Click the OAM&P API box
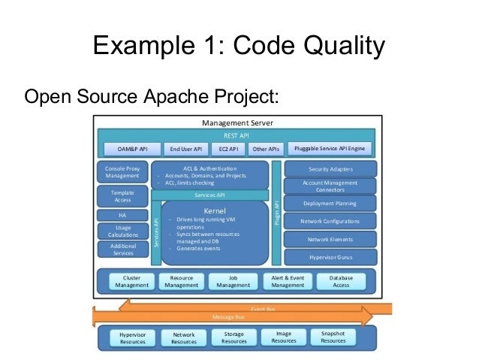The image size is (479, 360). click(131, 149)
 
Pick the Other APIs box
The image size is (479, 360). click(266, 149)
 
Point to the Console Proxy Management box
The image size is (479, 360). click(122, 174)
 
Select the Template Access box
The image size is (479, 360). click(122, 196)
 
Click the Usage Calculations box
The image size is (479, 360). click(122, 231)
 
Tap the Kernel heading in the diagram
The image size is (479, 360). click(215, 210)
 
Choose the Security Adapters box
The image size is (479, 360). click(330, 169)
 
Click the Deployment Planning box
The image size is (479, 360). click(330, 204)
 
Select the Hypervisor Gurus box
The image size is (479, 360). click(330, 256)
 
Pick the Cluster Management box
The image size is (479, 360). click(131, 281)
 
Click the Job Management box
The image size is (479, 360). click(233, 281)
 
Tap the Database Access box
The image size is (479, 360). click(341, 281)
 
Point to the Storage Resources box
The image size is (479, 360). click(233, 337)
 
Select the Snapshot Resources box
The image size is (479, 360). click(333, 337)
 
